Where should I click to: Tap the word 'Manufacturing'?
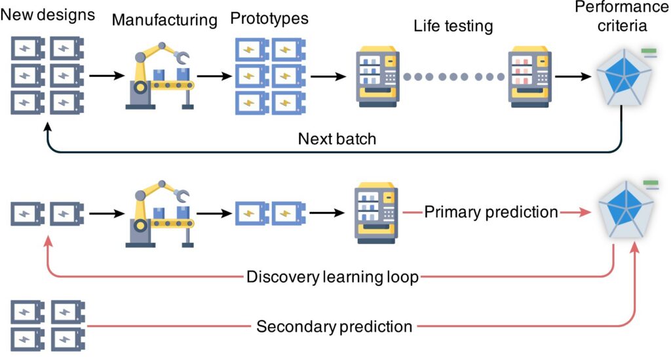pyautogui.click(x=164, y=20)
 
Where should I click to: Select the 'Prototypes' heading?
pyautogui.click(x=269, y=18)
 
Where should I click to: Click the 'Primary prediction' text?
pyautogui.click(x=491, y=212)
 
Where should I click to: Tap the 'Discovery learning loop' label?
pyautogui.click(x=332, y=277)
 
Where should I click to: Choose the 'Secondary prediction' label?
pyautogui.click(x=334, y=326)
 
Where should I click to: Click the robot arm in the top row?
pyautogui.click(x=157, y=76)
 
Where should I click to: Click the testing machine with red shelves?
pyautogui.click(x=529, y=77)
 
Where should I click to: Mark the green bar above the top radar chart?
pyautogui.click(x=649, y=49)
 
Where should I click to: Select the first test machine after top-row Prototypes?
pyautogui.click(x=376, y=77)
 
